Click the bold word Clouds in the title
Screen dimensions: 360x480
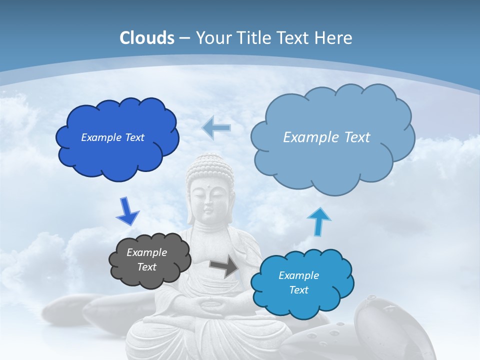(147, 38)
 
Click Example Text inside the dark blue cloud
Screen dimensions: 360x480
(112, 137)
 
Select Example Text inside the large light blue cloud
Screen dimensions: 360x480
(326, 137)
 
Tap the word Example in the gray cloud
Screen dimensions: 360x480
(146, 252)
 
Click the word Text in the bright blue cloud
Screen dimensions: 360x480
(298, 290)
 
